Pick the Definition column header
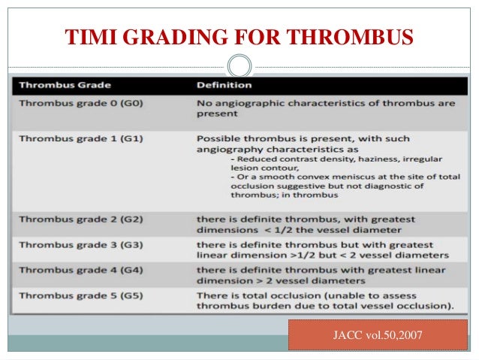(x=222, y=86)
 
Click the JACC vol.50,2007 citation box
(x=372, y=334)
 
